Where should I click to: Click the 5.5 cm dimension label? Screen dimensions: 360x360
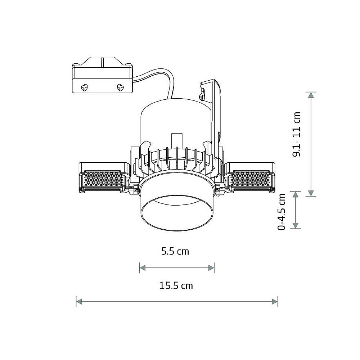click(175, 251)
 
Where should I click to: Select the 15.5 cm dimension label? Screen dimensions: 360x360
click(176, 285)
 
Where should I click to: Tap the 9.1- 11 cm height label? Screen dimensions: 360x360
click(296, 135)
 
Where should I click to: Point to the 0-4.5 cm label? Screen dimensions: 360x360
click(282, 212)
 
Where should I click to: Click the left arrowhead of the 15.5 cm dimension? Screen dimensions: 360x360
click(79, 302)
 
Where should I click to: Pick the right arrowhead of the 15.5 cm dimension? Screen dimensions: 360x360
click(275, 302)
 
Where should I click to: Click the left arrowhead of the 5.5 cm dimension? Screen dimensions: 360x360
click(143, 268)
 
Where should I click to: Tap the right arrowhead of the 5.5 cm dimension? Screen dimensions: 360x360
click(211, 268)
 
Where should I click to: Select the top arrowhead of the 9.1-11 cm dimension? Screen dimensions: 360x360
click(311, 95)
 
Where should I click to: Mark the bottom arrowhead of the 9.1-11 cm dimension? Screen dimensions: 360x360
click(311, 193)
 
